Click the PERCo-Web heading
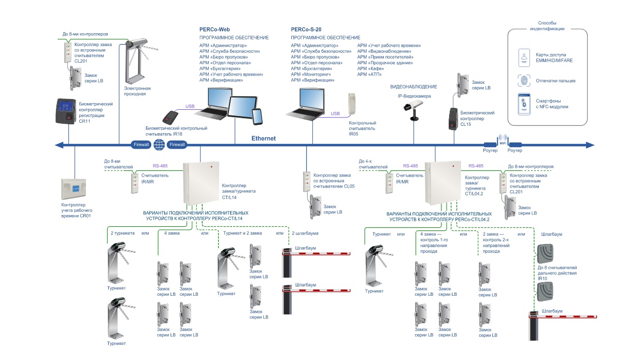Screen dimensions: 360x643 tap(215, 30)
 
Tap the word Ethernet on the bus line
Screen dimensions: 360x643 tap(264, 139)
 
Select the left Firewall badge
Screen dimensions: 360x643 tap(140, 145)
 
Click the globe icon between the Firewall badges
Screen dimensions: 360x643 tap(159, 145)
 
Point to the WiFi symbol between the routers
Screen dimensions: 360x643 tap(502, 139)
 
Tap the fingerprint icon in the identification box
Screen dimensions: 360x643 tap(524, 81)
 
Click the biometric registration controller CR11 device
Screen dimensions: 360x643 tap(66, 111)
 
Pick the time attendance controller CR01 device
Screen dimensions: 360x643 tap(76, 190)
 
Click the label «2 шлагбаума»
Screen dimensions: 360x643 tap(305, 233)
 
